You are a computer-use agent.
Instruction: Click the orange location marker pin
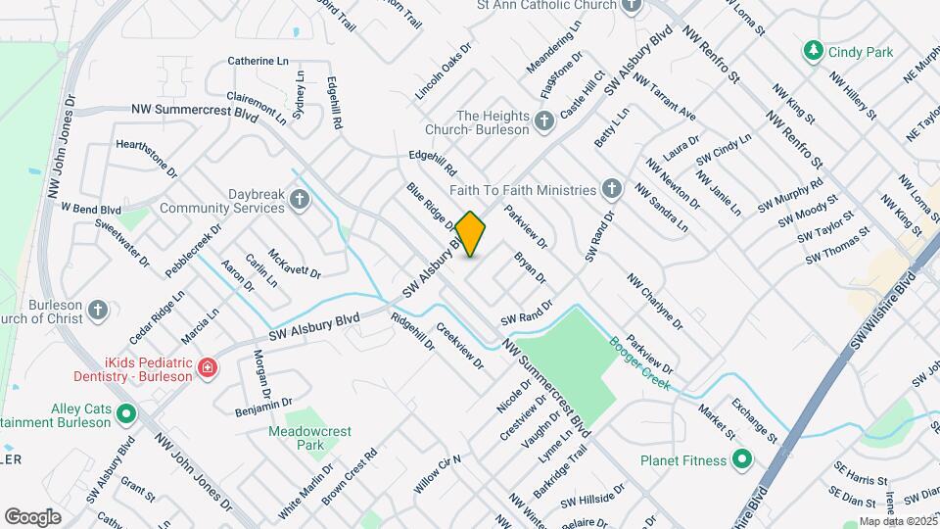(x=471, y=233)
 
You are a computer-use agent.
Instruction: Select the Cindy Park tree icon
(x=812, y=50)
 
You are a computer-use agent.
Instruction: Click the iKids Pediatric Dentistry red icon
(x=207, y=367)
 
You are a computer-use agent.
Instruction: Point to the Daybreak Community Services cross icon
(x=300, y=201)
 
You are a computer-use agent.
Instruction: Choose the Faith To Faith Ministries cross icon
(x=611, y=189)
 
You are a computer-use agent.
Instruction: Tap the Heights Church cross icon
(x=543, y=122)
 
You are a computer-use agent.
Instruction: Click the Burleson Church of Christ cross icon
(x=97, y=311)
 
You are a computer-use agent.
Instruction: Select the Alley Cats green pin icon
(x=125, y=414)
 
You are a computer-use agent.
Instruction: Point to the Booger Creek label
(x=640, y=363)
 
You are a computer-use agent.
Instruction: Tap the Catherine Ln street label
(x=258, y=61)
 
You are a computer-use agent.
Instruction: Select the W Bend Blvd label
(x=90, y=209)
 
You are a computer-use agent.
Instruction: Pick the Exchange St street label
(x=759, y=420)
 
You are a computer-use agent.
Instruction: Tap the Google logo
(x=32, y=516)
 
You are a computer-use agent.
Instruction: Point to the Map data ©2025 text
(x=897, y=521)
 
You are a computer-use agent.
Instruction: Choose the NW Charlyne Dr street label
(x=655, y=300)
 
